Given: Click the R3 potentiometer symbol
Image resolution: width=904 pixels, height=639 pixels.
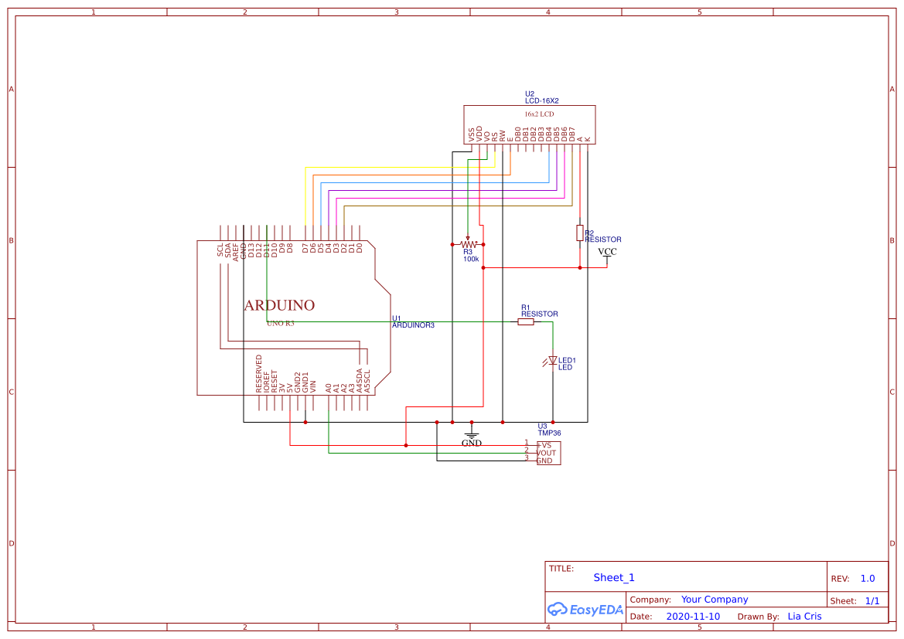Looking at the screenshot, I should (x=468, y=243).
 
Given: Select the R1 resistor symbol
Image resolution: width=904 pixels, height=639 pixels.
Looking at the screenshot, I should (x=526, y=322).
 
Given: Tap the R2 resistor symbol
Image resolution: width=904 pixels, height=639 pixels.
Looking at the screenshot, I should (x=580, y=233).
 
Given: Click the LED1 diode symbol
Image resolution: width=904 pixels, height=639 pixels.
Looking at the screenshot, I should (x=552, y=361).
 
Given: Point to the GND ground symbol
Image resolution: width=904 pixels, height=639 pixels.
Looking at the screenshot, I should (x=472, y=438).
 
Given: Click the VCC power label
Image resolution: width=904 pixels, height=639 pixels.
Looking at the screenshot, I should (x=607, y=253).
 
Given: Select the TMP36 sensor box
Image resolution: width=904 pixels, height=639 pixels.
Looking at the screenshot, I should (x=548, y=454).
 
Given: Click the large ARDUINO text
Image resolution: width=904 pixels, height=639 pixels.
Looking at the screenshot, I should (x=279, y=306).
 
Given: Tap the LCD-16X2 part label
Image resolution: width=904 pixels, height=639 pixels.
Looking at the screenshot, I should (x=541, y=101).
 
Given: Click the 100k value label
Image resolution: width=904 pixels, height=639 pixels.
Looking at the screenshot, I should (x=471, y=259).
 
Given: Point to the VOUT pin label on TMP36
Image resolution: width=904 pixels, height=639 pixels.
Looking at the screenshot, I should (x=547, y=453).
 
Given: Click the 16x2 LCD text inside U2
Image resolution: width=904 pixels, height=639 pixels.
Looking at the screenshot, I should (x=539, y=114).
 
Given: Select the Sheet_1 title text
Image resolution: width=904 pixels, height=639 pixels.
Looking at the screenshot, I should (x=614, y=577).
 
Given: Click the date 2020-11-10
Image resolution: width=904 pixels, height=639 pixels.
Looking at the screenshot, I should (x=693, y=617).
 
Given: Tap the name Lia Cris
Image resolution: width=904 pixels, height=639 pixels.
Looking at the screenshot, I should (x=804, y=617).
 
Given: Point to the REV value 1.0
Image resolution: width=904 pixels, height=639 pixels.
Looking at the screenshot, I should (x=868, y=578).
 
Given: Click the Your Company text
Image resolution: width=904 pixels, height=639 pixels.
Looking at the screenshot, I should (x=715, y=600).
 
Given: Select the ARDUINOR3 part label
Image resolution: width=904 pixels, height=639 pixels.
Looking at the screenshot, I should (x=413, y=325).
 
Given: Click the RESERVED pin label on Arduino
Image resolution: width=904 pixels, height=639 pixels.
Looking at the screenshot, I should (x=259, y=374).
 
